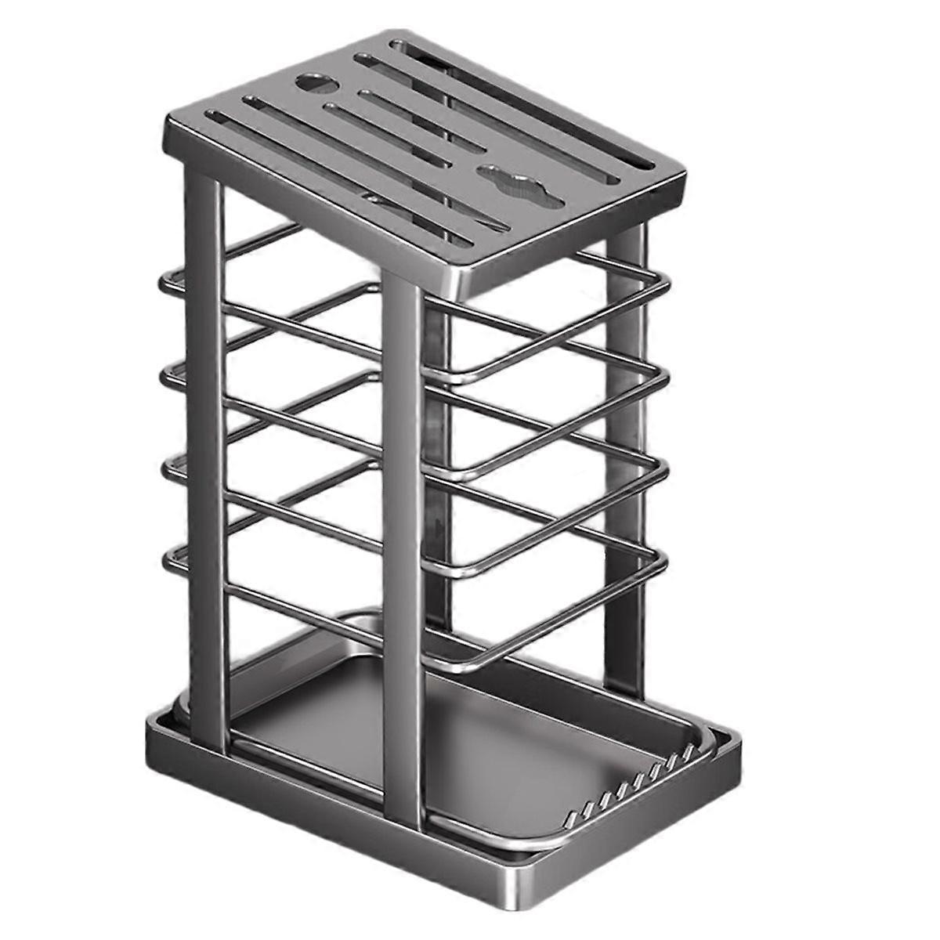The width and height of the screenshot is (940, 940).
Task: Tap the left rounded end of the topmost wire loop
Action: tap(167, 282)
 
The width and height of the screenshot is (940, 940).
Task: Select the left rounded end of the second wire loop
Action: tap(167, 374)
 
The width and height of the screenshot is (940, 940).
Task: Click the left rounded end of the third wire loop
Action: tap(167, 466)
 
